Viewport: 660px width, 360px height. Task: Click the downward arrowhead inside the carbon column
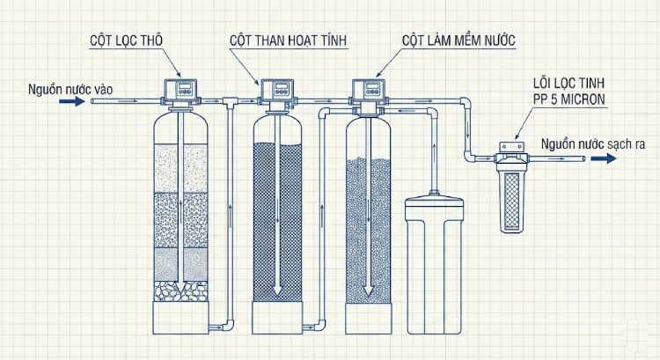(x=276, y=290)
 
